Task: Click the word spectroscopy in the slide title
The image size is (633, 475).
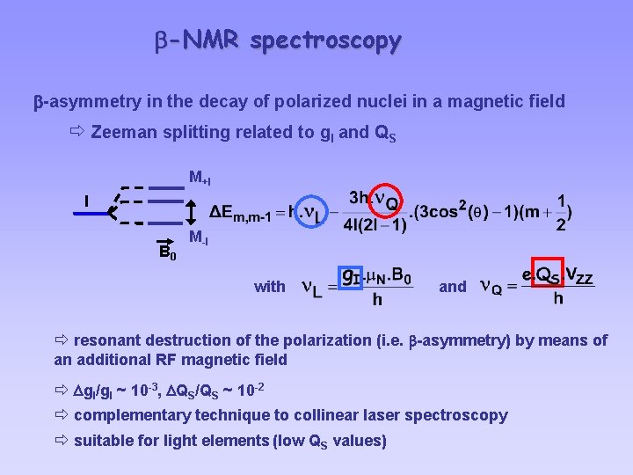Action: [x=325, y=40]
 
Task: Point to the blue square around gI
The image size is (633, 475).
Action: [x=350, y=277]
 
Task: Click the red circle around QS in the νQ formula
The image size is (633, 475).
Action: [x=547, y=275]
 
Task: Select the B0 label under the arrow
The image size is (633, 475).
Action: [x=167, y=255]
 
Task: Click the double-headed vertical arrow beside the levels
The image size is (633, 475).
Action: [x=191, y=211]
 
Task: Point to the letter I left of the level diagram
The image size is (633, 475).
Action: [x=85, y=201]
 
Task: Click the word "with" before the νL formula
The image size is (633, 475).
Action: [x=269, y=286]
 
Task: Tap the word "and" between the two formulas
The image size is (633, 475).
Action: [x=453, y=286]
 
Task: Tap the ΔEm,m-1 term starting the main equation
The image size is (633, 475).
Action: [x=246, y=214]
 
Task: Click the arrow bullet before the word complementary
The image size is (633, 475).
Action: [x=62, y=414]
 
